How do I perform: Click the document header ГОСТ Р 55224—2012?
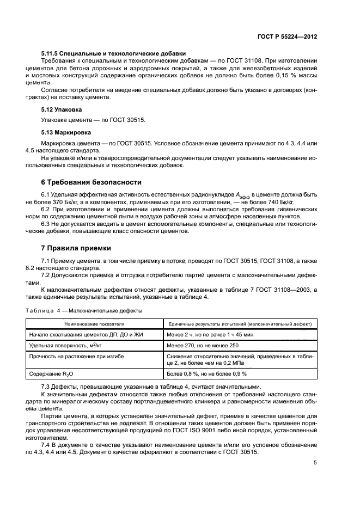[288, 36]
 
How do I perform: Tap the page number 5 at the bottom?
[315, 463]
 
